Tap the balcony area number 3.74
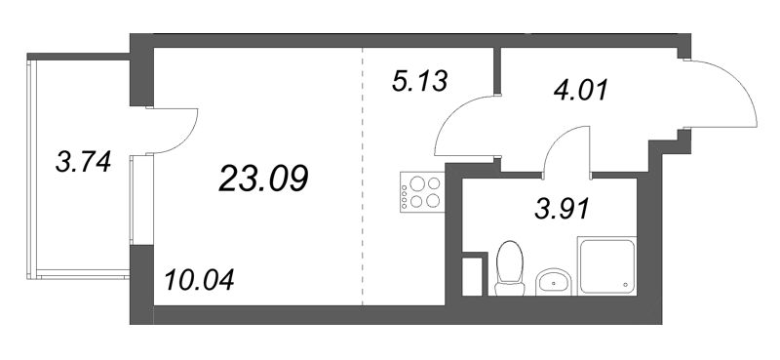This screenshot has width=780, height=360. click(x=81, y=162)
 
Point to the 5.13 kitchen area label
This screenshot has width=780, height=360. click(x=418, y=81)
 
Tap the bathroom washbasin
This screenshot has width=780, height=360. click(x=555, y=283)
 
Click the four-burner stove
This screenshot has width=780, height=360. click(x=422, y=191)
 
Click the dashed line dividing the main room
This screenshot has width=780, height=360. click(x=363, y=195)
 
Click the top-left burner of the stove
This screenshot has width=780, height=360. click(x=414, y=182)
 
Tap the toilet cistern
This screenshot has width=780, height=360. click(x=508, y=286)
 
